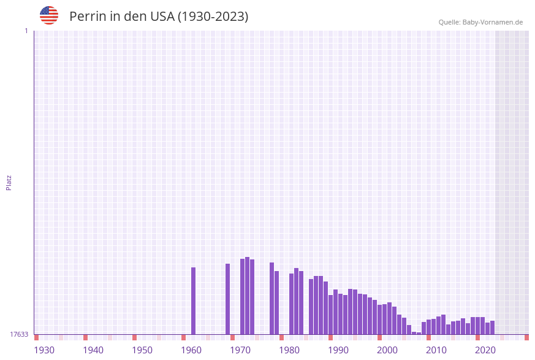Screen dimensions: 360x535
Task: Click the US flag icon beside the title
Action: point(49,15)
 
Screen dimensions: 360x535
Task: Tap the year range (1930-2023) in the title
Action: point(213,17)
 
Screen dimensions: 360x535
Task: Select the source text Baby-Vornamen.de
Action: point(493,22)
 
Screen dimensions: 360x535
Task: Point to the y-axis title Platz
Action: point(9,182)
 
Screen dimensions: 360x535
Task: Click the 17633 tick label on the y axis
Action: point(19,334)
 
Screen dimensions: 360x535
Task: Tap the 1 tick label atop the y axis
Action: point(26,31)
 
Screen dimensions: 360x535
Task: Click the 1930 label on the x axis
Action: point(44,350)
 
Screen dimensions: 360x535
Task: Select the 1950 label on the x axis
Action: point(142,350)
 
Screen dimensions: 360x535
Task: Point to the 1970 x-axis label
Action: point(240,350)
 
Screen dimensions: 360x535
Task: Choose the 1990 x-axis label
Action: point(338,350)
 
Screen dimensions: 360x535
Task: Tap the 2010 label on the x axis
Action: point(436,350)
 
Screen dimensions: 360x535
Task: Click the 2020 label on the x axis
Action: point(485,350)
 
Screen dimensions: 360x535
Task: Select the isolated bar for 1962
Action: point(194,301)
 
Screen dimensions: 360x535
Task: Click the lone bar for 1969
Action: point(228,299)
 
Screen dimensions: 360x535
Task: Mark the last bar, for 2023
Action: point(493,327)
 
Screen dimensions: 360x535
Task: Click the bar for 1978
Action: point(272,298)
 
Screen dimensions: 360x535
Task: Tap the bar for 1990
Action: point(331,315)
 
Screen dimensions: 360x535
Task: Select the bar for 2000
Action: point(380,320)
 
